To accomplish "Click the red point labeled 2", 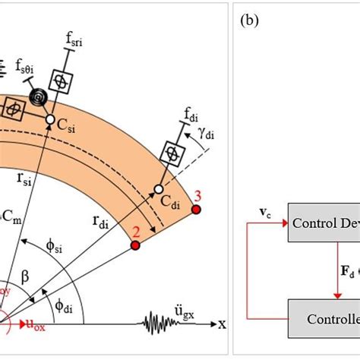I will (x=135, y=246).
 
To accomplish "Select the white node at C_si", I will (x=49, y=120).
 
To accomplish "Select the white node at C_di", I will (x=158, y=188).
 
